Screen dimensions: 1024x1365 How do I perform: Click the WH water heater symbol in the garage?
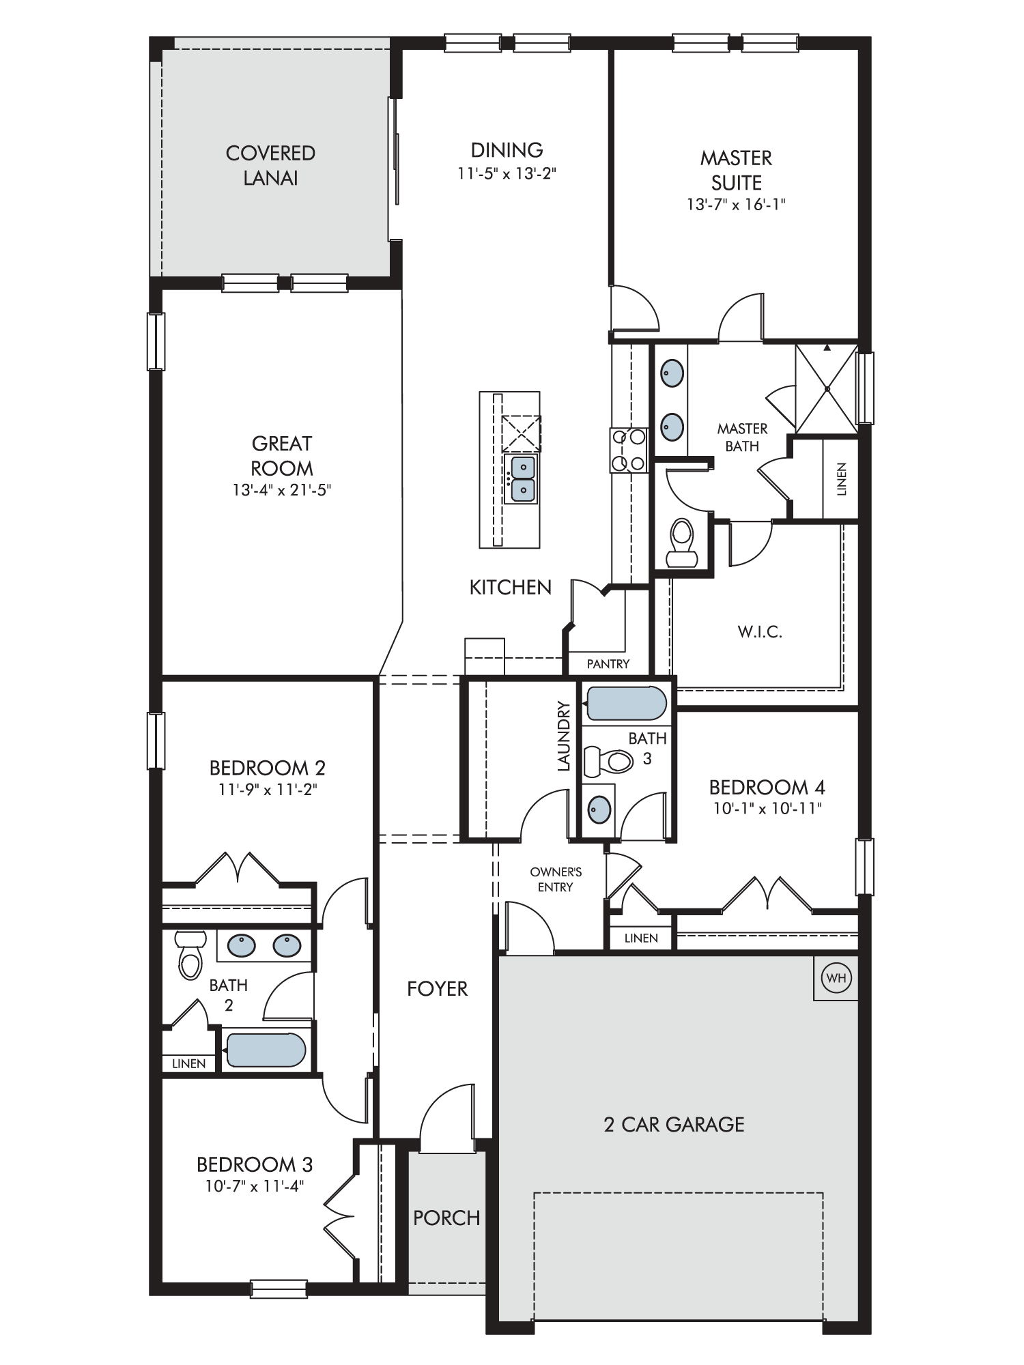836,978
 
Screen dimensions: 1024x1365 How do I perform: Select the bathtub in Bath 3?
626,703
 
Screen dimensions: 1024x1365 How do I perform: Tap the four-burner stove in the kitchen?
628,450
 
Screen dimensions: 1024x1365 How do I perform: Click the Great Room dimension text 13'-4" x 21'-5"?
282,490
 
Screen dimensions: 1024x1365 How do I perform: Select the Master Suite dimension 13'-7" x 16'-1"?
737,204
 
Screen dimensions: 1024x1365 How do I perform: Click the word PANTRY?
608,663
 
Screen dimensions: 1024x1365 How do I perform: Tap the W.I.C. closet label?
760,632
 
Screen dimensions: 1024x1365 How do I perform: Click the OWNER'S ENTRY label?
556,879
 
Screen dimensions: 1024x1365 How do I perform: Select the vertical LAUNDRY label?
563,736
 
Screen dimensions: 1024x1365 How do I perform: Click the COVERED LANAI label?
271,165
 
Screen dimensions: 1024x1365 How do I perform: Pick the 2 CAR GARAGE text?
674,1124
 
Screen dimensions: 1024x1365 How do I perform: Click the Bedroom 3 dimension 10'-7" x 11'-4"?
254,1186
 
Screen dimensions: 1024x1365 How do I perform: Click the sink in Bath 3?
599,809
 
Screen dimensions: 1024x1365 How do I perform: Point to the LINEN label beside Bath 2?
189,1063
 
